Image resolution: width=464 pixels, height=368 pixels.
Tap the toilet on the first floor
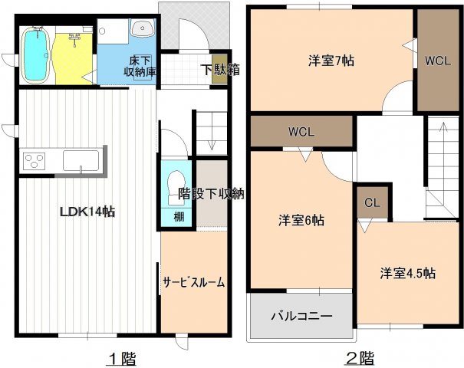click(171, 188)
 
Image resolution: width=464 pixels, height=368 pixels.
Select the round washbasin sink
click(142, 30)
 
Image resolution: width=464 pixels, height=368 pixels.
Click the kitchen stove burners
click(35, 161)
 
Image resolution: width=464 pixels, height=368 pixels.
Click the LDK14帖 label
click(87, 212)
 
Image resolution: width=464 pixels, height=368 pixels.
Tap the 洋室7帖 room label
click(331, 59)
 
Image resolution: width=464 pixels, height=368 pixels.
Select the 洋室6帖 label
click(301, 221)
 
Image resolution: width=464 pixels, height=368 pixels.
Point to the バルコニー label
click(301, 316)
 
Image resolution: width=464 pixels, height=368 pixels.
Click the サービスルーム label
click(194, 282)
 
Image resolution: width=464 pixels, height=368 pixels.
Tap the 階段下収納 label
click(211, 193)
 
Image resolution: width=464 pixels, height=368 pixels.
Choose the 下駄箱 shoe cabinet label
click(220, 69)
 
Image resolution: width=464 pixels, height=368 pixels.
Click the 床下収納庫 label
click(140, 66)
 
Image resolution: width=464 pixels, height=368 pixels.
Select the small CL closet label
click(372, 203)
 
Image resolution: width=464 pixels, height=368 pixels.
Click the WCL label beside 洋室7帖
click(438, 60)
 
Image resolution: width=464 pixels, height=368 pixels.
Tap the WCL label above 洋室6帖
click(301, 131)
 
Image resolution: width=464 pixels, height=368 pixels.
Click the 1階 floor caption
click(121, 357)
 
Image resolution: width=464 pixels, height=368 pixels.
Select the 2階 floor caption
click(359, 357)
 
